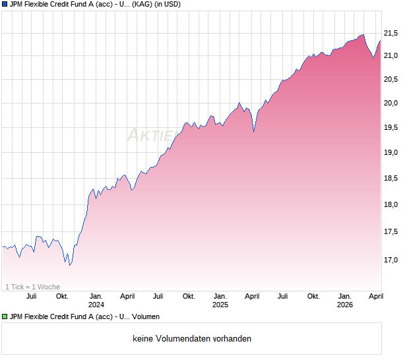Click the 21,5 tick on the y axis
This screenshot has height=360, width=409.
[x=391, y=33]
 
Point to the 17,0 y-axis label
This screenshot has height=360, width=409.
[x=391, y=260]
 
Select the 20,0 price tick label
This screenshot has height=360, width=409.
[x=391, y=103]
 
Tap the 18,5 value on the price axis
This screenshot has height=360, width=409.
[x=391, y=178]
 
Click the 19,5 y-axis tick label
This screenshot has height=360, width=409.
[x=391, y=127]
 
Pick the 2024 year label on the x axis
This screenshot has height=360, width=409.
[x=96, y=305]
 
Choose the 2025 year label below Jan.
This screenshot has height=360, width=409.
[x=220, y=305]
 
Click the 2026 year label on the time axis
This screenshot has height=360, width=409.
[x=345, y=305]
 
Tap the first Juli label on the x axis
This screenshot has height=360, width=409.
[x=30, y=297]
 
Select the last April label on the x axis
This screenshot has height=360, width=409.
[x=376, y=297]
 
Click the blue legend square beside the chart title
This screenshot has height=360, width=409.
[x=5, y=4]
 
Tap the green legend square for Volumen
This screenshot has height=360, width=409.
[x=5, y=317]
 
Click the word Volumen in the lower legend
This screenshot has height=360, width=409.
[x=146, y=317]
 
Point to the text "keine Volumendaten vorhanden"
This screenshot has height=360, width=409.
[x=192, y=339]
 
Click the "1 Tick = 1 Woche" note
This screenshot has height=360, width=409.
[x=33, y=287]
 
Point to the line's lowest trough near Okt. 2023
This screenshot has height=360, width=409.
[x=69, y=265]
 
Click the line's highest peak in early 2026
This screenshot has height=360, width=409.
[x=362, y=35]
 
